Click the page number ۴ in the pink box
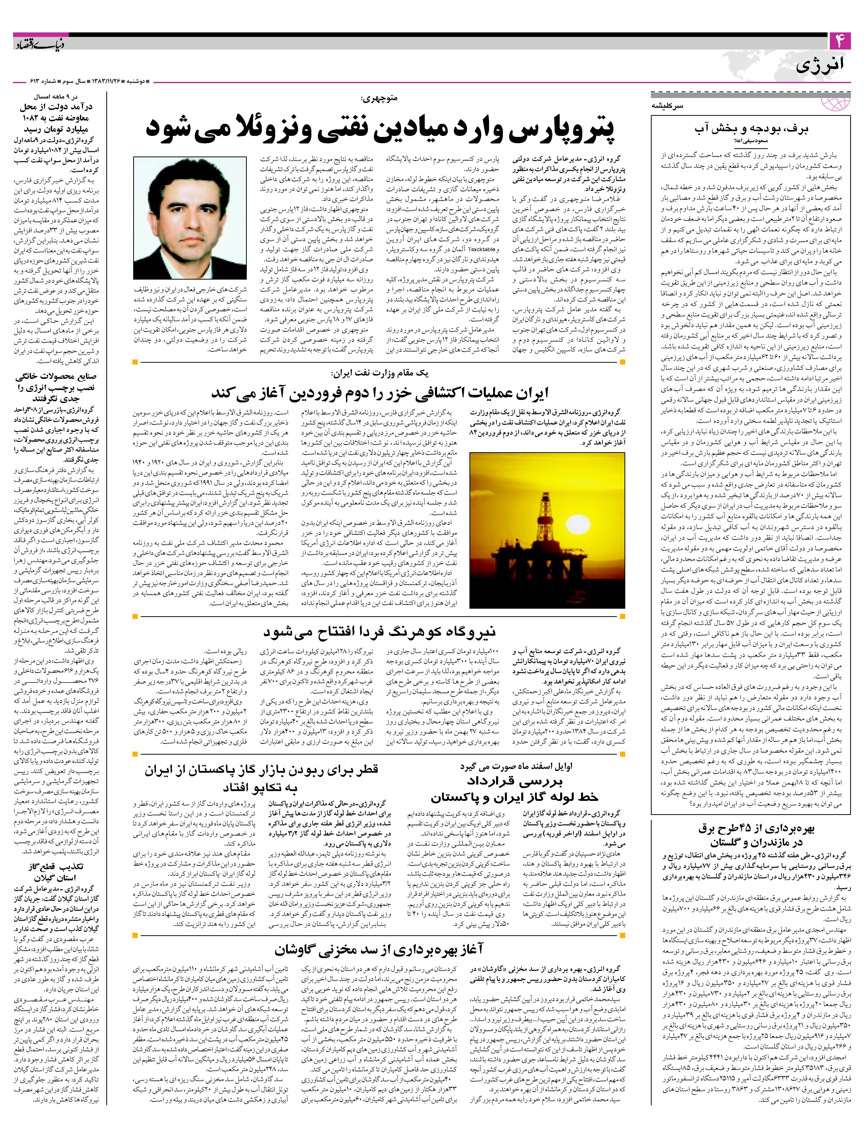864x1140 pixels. [840, 41]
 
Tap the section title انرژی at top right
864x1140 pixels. [822, 66]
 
